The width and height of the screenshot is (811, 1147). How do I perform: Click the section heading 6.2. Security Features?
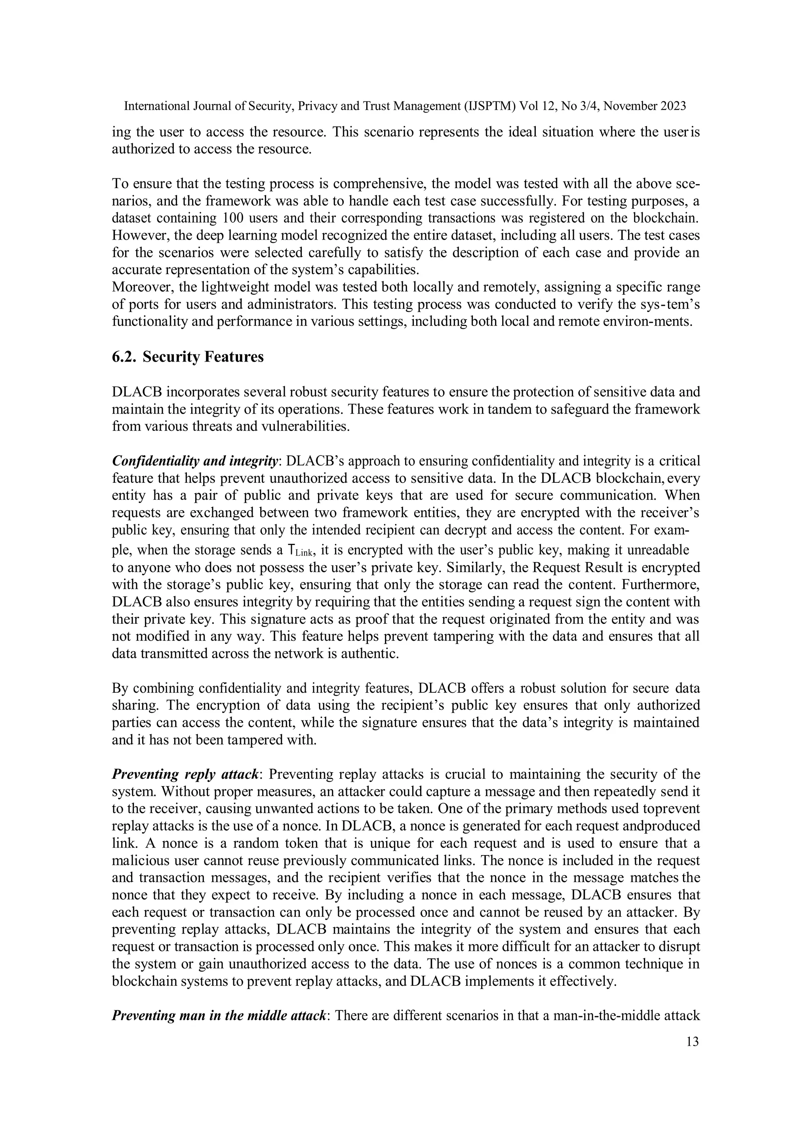(x=188, y=357)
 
